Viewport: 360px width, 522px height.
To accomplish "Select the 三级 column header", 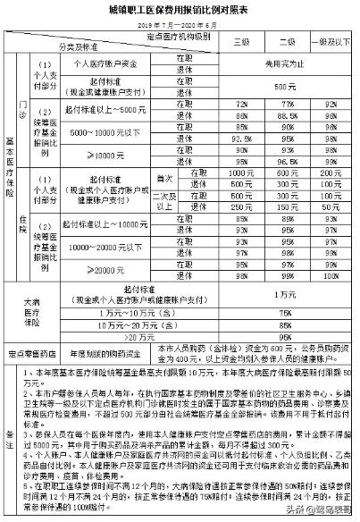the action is (240, 42).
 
